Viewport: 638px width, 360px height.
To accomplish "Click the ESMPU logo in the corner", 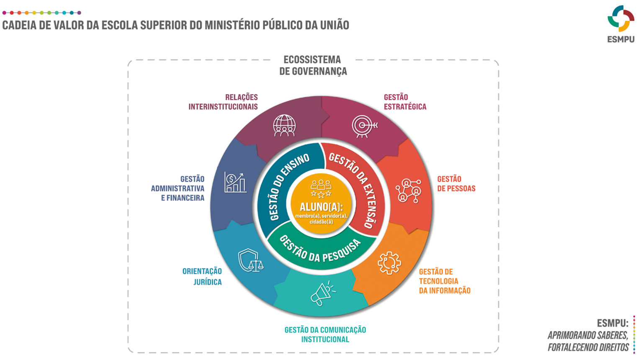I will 620,23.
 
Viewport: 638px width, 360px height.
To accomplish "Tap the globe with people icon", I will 284,126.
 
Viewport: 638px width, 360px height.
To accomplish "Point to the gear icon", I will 389,263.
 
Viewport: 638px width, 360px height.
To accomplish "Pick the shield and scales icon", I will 250,260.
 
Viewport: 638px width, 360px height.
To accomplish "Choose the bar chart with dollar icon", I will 235,183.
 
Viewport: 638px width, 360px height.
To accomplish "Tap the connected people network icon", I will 408,191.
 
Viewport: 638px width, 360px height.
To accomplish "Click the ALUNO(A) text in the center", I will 321,207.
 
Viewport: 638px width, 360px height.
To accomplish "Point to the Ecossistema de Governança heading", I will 313,66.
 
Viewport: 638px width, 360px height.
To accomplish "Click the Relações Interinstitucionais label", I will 223,102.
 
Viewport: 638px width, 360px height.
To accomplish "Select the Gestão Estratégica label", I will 405,102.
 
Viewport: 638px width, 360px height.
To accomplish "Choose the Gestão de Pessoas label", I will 456,184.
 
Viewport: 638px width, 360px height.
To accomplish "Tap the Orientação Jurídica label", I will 203,276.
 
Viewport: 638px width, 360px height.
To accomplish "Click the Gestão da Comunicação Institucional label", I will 325,334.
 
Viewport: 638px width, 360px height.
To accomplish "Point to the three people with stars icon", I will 321,188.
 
